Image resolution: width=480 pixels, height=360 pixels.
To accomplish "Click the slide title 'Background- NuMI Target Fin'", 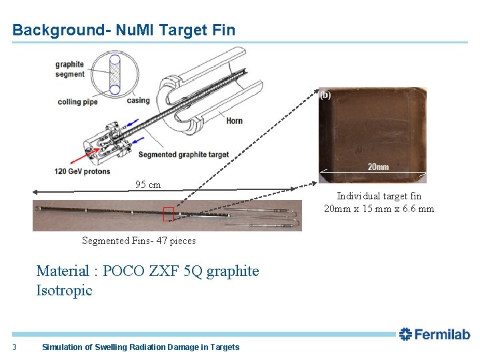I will (x=123, y=30).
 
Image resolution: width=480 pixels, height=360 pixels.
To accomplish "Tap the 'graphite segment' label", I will (x=69, y=69).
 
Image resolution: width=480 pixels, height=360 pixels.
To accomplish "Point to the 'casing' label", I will (x=139, y=101).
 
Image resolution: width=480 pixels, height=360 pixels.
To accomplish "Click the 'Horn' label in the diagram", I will (x=234, y=121).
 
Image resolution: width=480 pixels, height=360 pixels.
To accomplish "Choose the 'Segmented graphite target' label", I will (x=183, y=155).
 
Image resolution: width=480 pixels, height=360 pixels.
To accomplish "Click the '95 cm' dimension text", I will (x=148, y=185).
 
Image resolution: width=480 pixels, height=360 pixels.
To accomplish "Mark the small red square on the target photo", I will (x=168, y=214).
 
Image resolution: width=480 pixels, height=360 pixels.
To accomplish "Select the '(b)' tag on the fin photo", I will (x=325, y=95).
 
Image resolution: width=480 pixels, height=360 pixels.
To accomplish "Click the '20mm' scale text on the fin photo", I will (x=378, y=167).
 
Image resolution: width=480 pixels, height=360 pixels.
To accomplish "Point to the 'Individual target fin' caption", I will (x=379, y=196).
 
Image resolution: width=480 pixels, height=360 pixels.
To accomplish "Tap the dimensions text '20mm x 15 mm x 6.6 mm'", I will (x=379, y=209).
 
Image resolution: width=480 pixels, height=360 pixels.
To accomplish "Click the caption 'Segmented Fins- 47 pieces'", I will (x=139, y=241).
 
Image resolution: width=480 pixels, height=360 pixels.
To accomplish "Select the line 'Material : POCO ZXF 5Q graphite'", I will (x=147, y=271).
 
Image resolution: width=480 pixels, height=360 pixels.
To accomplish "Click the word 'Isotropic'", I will (x=64, y=291).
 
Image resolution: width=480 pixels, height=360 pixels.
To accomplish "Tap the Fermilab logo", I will (x=434, y=334).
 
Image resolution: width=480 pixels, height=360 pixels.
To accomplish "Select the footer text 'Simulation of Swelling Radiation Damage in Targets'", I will (x=140, y=347).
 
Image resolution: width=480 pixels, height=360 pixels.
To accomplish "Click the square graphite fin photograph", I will (x=372, y=133).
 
